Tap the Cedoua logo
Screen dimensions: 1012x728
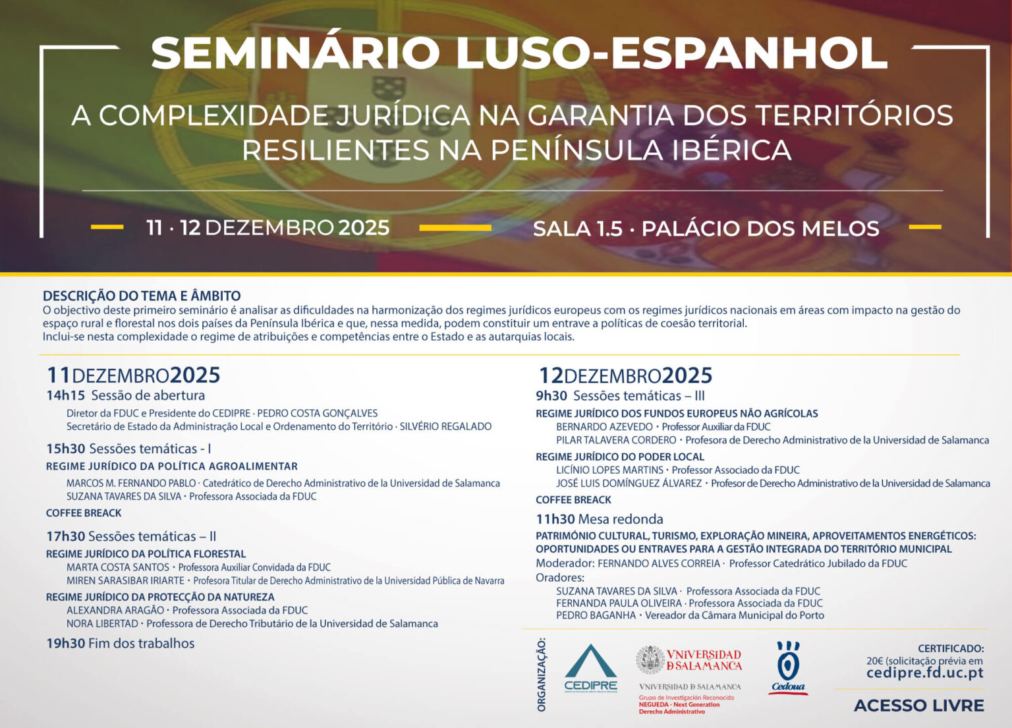(x=788, y=668)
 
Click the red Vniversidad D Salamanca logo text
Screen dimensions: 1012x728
(x=704, y=660)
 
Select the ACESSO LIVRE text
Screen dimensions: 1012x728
(x=919, y=706)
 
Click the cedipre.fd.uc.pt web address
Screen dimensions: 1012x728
(x=925, y=673)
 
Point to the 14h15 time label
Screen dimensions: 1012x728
(x=65, y=395)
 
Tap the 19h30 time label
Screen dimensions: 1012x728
(x=65, y=643)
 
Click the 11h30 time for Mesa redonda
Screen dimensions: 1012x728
(x=555, y=518)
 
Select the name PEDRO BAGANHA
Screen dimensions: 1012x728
(x=596, y=615)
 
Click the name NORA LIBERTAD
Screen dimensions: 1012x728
(x=102, y=624)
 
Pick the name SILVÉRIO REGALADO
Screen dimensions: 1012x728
(x=445, y=426)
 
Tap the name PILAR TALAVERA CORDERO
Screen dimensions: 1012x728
(x=616, y=439)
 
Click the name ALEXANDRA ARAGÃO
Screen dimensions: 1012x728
(x=115, y=610)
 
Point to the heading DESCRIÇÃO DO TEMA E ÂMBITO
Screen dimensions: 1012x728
(x=142, y=296)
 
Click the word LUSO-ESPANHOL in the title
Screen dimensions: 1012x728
(x=671, y=53)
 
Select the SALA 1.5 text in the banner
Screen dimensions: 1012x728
(x=578, y=229)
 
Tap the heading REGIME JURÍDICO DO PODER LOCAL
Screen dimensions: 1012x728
(x=620, y=457)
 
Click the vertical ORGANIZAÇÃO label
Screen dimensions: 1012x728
(x=541, y=675)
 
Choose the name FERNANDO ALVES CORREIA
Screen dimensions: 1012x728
(x=659, y=563)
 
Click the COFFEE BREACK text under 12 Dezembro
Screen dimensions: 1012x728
(x=573, y=500)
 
